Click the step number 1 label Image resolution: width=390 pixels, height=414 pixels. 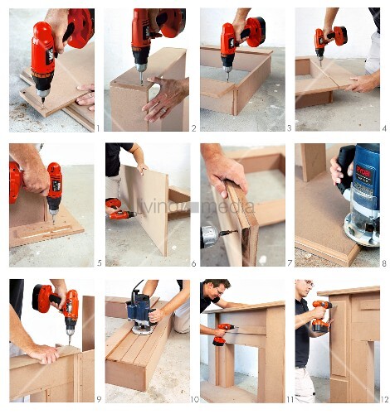pos(97,128)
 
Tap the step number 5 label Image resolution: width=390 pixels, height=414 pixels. pos(98,263)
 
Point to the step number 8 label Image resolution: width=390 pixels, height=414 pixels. pos(383,263)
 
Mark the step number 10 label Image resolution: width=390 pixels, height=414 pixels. pos(192,400)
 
